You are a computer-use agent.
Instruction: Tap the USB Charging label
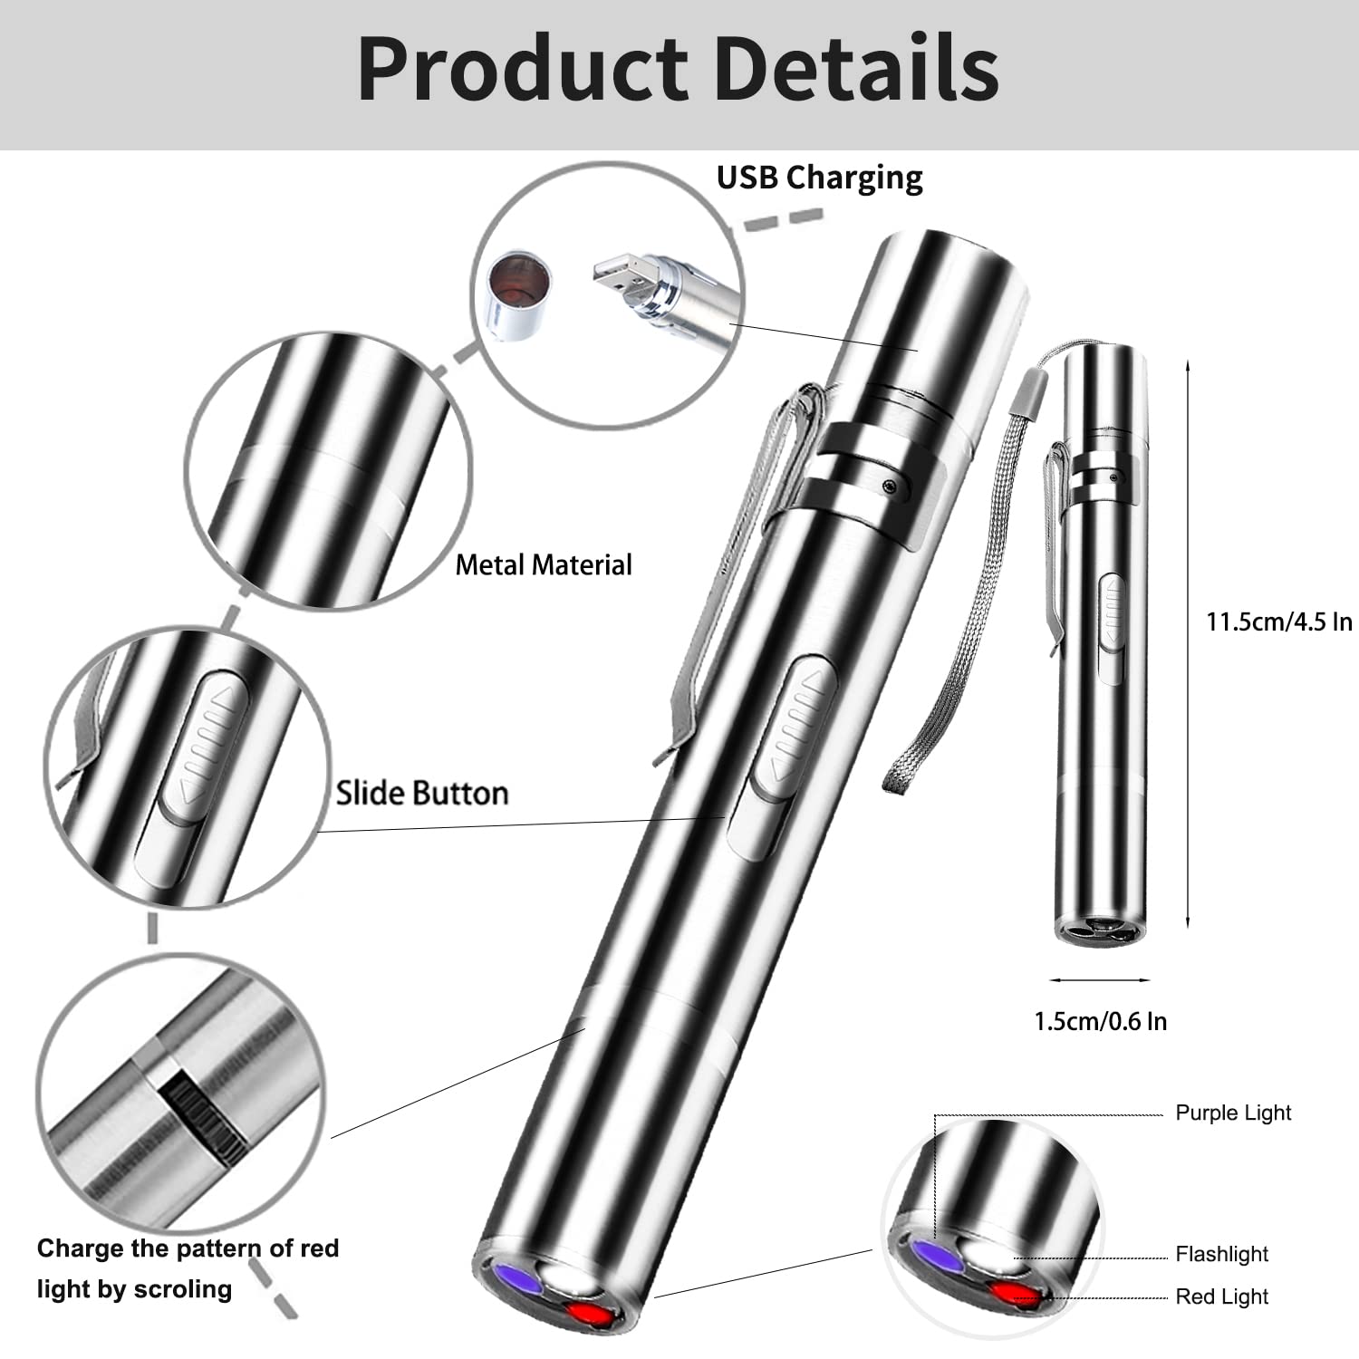pos(819,178)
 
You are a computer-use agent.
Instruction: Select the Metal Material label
pos(543,565)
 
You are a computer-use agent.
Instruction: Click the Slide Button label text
pos(422,793)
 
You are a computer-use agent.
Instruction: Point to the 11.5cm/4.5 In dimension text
pos(1277,622)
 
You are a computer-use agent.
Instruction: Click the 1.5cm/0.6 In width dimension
pos(1100,1021)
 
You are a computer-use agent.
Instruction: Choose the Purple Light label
pos(1232,1113)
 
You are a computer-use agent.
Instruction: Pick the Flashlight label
pos(1221,1254)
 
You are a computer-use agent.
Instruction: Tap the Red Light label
pos(1221,1296)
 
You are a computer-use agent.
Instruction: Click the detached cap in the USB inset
pos(517,294)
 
